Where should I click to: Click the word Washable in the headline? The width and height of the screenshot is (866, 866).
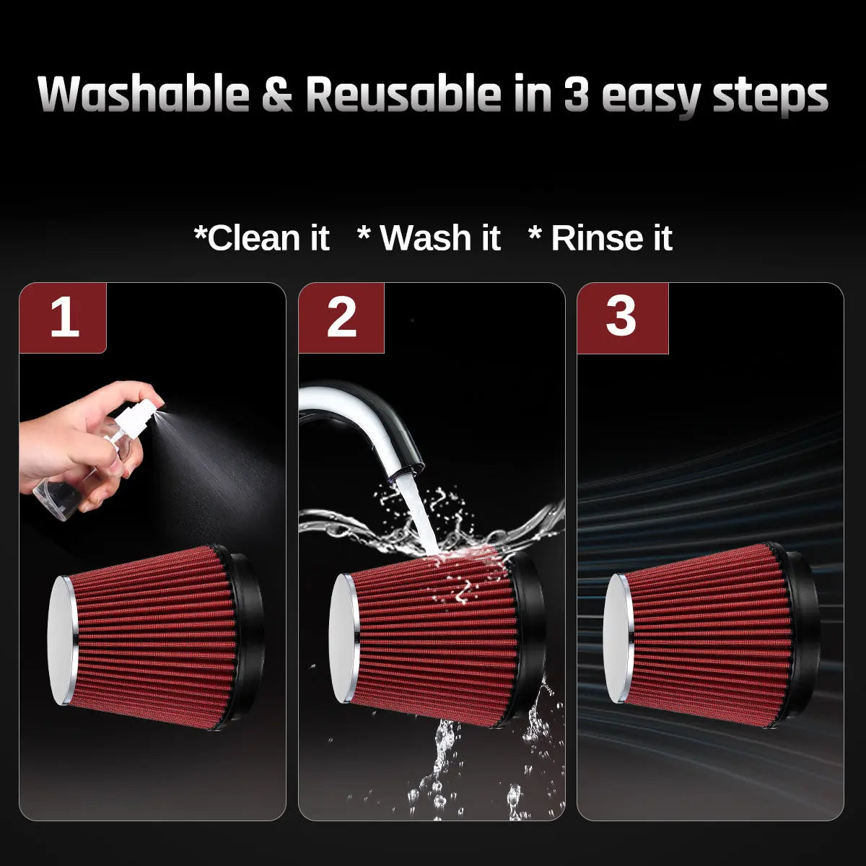point(144,93)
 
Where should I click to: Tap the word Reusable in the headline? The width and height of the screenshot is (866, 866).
point(403,93)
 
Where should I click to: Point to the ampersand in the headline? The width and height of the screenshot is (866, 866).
point(277,94)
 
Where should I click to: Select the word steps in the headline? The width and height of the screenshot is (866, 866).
point(770,97)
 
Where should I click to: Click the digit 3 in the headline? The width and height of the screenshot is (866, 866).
point(576,94)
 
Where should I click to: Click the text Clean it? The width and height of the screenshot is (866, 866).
point(262,237)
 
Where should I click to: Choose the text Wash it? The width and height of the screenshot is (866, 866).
point(429,237)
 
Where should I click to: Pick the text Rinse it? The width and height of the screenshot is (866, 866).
point(601,237)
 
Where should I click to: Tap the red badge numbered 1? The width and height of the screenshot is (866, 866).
point(63,318)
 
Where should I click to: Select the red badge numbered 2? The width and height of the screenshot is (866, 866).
point(341,318)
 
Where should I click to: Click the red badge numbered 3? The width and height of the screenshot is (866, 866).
point(622,318)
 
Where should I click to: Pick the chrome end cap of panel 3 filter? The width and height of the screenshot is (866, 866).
point(618,638)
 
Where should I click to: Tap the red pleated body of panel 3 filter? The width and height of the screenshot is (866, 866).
point(708,636)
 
